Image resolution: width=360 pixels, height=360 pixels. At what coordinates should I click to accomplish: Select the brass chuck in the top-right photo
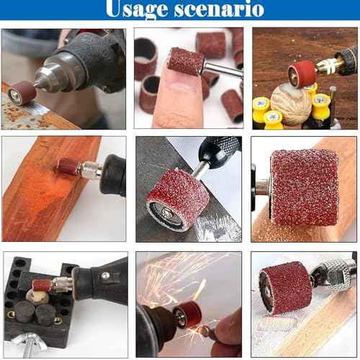333,66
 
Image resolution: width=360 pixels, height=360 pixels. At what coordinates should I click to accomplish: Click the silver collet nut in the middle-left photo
90,171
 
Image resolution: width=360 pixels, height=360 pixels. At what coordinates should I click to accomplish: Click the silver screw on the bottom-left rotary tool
105,276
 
